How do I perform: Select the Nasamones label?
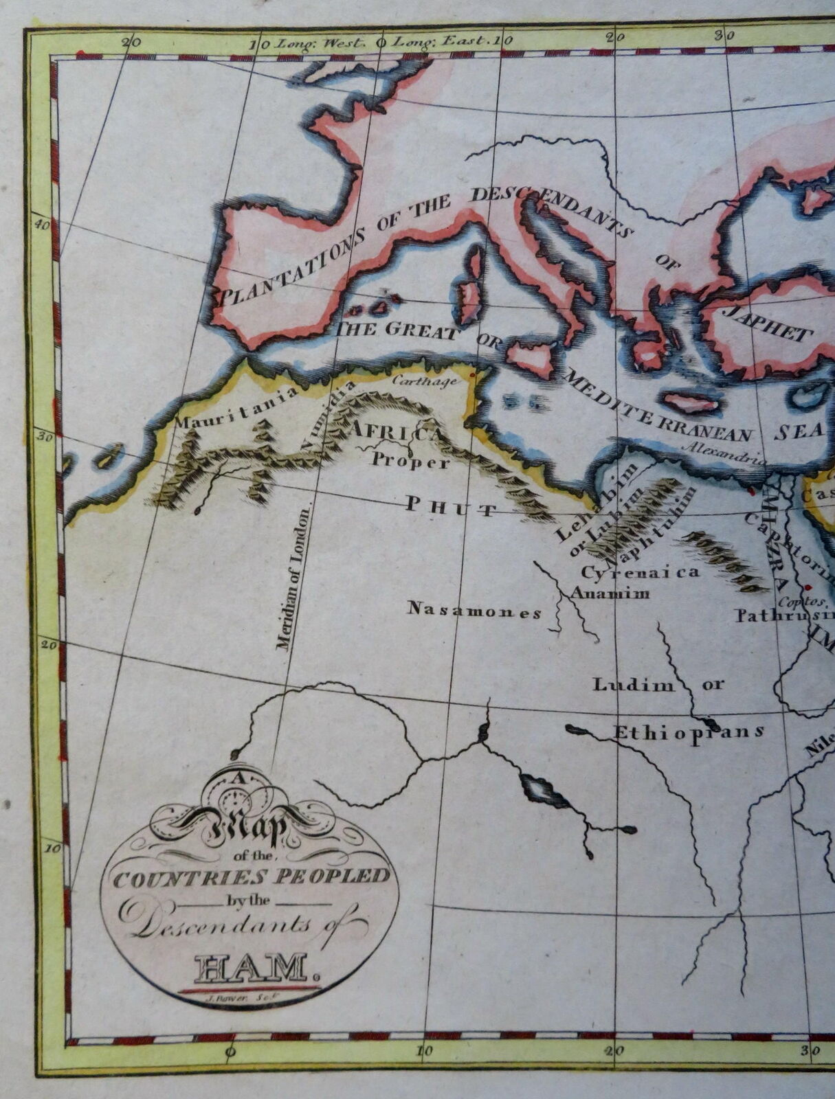(474, 610)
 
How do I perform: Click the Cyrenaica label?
(641, 571)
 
